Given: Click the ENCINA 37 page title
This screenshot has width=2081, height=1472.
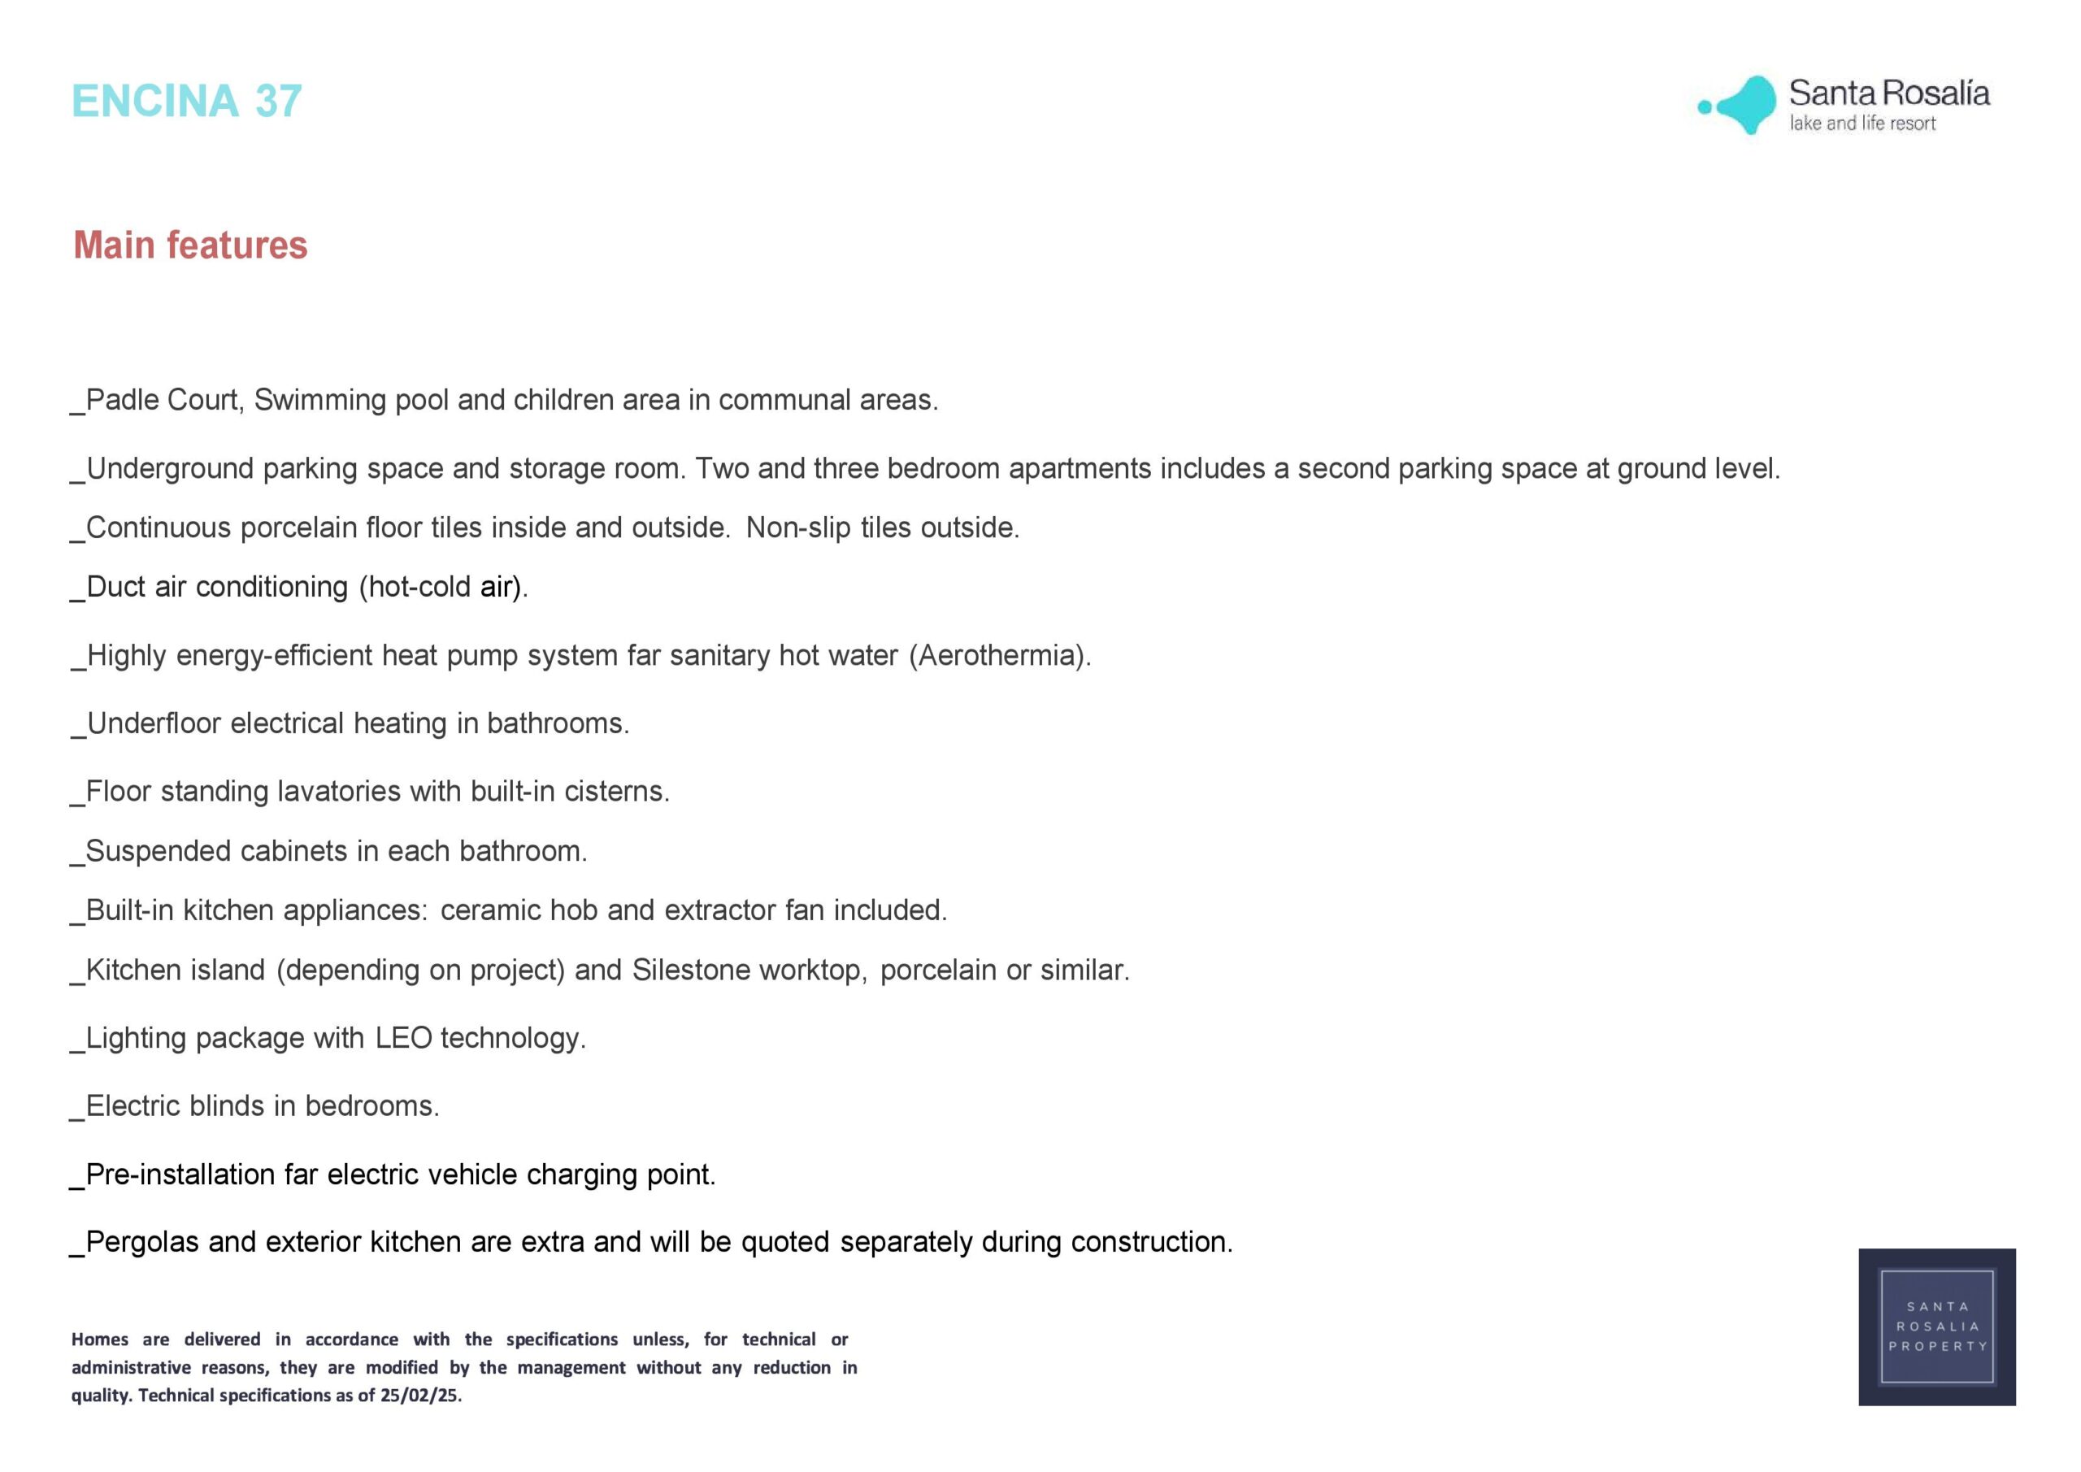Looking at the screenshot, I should tap(186, 101).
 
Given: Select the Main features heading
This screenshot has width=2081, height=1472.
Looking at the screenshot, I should tap(190, 245).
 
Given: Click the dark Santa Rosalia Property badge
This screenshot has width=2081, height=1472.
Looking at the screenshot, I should tap(1937, 1327).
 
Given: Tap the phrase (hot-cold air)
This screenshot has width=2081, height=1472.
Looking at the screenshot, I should tap(443, 588).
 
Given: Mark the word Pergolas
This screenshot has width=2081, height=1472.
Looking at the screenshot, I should tap(142, 1242).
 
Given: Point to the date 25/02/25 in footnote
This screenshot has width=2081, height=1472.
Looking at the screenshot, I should tap(419, 1395).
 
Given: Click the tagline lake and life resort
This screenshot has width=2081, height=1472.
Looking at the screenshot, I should tap(1862, 124).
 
